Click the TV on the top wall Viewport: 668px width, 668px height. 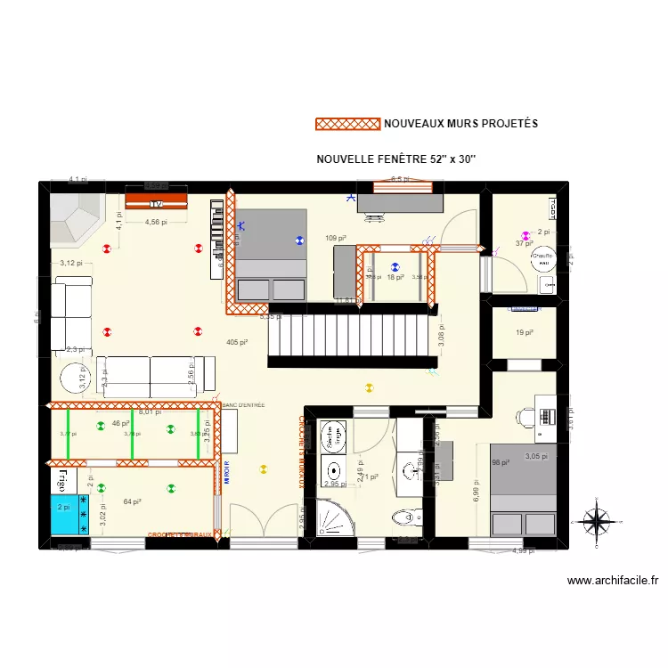click(x=156, y=200)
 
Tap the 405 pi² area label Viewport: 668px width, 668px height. click(x=236, y=342)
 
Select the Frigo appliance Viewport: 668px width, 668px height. click(x=63, y=481)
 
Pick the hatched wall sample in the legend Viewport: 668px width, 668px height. click(x=347, y=124)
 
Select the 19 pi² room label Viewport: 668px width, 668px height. click(x=524, y=333)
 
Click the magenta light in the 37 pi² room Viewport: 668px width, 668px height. click(x=526, y=236)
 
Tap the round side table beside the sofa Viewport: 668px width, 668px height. click(x=72, y=378)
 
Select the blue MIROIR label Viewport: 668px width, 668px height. click(x=227, y=470)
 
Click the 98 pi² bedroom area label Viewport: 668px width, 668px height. click(x=501, y=462)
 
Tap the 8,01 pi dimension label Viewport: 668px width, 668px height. click(x=150, y=412)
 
